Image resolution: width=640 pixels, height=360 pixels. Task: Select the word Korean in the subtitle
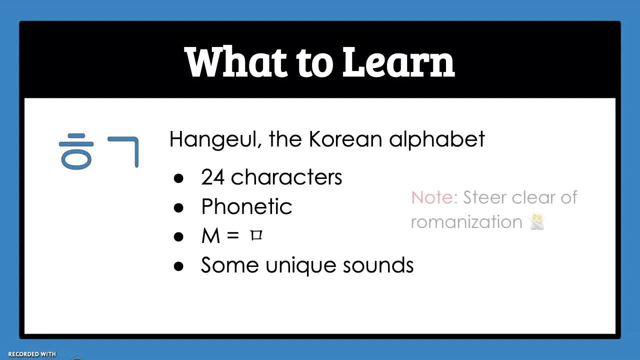345,139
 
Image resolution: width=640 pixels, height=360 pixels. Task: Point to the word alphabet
437,139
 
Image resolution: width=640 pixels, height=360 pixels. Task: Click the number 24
212,177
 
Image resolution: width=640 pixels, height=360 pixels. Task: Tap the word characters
286,177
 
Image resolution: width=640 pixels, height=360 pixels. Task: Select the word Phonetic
246,206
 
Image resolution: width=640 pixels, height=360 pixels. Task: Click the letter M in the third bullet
211,235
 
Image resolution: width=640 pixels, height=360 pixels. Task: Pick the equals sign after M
233,235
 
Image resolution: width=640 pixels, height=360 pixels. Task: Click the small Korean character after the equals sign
256,235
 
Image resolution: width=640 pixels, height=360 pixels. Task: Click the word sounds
378,265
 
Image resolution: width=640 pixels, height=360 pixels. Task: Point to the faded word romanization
466,222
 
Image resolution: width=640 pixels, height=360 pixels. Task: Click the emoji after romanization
537,222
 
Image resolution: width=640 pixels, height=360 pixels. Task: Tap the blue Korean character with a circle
76,151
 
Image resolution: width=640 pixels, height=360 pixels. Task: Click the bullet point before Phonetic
178,207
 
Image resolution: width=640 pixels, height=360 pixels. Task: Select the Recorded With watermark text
32,354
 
